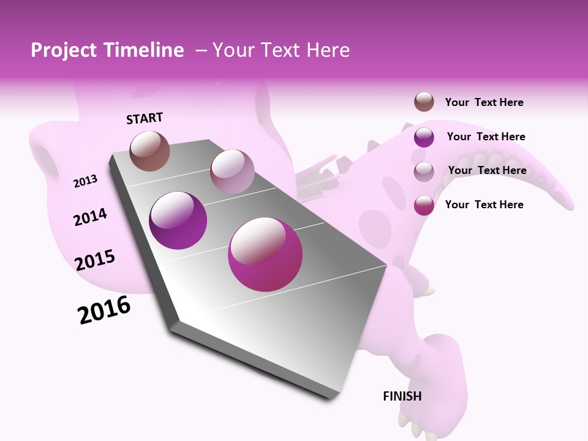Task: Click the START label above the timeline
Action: pyautogui.click(x=145, y=118)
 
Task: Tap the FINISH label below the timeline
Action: pyautogui.click(x=402, y=396)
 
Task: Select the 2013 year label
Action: pyautogui.click(x=86, y=181)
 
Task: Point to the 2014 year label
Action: pyautogui.click(x=90, y=217)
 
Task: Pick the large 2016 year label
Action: pyautogui.click(x=104, y=309)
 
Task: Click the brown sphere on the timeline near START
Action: pyautogui.click(x=150, y=151)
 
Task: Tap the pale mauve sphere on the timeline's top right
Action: pyautogui.click(x=232, y=171)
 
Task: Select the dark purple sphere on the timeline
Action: pyautogui.click(x=178, y=221)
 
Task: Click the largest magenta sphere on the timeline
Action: pyautogui.click(x=265, y=254)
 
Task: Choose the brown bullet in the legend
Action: pyautogui.click(x=424, y=102)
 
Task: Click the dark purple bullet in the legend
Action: pyautogui.click(x=424, y=137)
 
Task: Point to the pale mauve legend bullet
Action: pyautogui.click(x=424, y=171)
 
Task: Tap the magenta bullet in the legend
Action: pyautogui.click(x=424, y=205)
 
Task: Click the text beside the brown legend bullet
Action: pyautogui.click(x=484, y=102)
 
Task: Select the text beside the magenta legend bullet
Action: pyautogui.click(x=484, y=205)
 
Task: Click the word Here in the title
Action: pyautogui.click(x=328, y=50)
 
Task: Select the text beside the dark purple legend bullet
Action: pyautogui.click(x=486, y=137)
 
